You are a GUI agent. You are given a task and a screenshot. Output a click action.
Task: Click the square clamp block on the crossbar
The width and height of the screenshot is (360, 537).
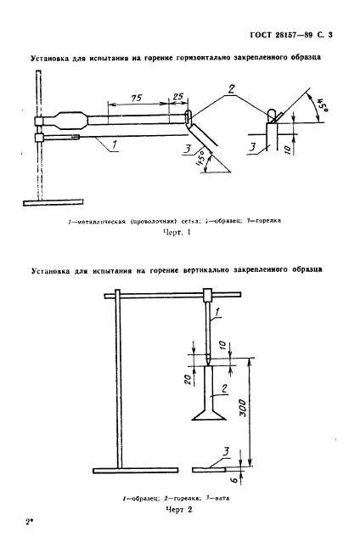[209, 295]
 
